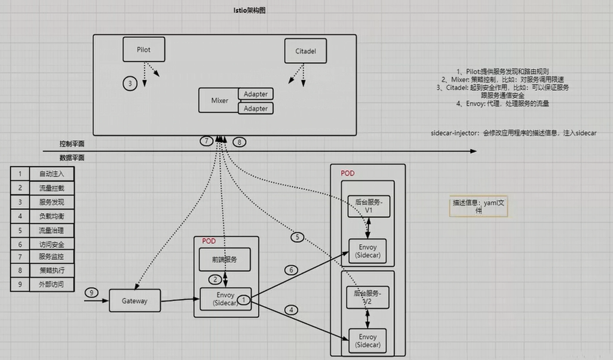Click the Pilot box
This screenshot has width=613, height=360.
click(x=144, y=49)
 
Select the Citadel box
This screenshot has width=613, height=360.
click(x=305, y=51)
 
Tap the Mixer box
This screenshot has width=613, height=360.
click(x=219, y=100)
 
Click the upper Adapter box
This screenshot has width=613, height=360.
click(x=255, y=94)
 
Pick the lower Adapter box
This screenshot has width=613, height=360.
click(x=255, y=108)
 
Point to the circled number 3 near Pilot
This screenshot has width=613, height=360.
click(x=130, y=83)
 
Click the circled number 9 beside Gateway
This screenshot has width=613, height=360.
click(x=91, y=293)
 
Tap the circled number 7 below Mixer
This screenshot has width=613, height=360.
click(x=207, y=141)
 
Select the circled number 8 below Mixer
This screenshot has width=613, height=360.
click(x=239, y=142)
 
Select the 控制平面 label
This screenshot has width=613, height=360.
click(x=71, y=144)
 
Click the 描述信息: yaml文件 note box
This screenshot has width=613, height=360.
click(x=479, y=207)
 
